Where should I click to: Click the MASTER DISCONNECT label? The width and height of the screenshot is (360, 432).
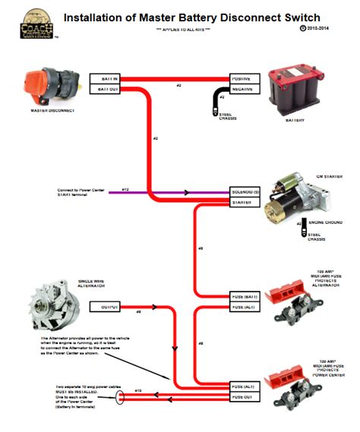pos(52,110)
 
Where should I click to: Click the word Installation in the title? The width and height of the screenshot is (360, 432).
pos(94,16)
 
